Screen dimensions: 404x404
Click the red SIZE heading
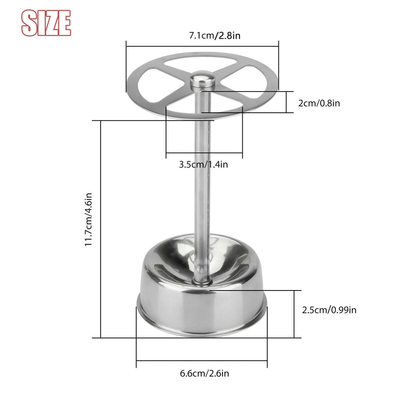coord(46,23)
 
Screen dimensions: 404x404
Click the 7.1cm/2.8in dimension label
coord(214,36)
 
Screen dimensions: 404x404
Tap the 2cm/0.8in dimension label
coord(319,103)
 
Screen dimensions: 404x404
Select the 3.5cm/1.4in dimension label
coord(203,164)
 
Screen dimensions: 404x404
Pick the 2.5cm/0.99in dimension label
coord(329,310)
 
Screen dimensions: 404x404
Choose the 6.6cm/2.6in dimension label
coord(204,374)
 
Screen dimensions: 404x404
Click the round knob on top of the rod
coord(202,80)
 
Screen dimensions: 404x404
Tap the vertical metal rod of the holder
coord(202,184)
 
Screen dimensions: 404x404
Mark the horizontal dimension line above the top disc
coord(202,46)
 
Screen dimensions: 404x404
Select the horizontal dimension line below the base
coord(202,361)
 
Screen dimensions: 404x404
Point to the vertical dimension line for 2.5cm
coord(294,314)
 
